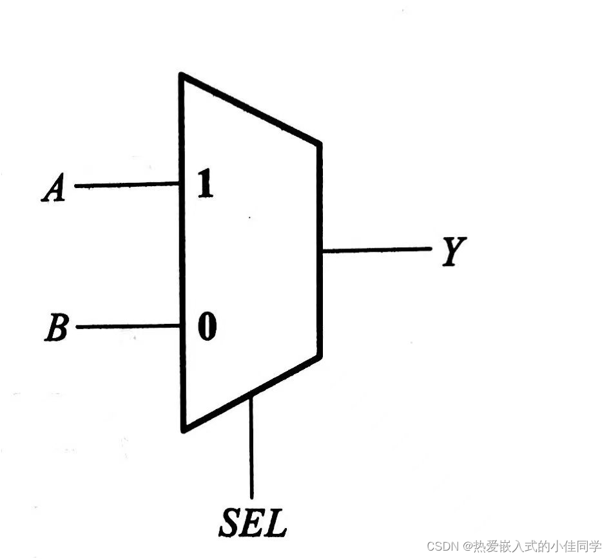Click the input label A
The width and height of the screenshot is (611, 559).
point(55,189)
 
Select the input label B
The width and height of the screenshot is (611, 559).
point(57,328)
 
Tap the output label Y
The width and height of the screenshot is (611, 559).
point(454,251)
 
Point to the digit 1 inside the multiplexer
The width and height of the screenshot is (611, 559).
point(204,185)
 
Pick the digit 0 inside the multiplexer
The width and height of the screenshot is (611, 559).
point(206,328)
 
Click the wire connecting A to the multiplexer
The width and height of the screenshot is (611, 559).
point(126,185)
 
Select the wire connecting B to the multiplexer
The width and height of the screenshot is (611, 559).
point(128,327)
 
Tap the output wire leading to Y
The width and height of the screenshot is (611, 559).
point(376,250)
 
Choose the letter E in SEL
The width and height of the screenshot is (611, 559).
point(254,524)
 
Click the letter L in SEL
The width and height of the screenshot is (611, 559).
point(275,524)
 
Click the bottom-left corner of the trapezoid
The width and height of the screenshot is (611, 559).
point(184,429)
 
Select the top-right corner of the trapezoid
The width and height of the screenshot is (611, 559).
point(319,142)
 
